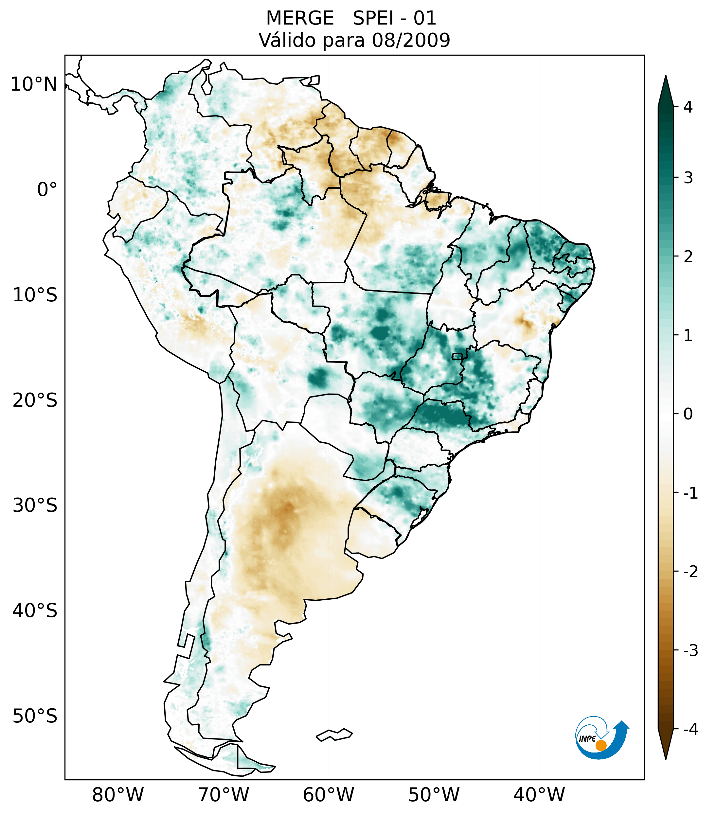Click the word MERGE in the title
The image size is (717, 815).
click(x=299, y=18)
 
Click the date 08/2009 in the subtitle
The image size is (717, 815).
click(x=411, y=40)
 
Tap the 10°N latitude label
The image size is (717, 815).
click(x=33, y=84)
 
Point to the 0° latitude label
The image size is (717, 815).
click(x=47, y=189)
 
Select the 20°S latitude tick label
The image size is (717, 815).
click(x=35, y=400)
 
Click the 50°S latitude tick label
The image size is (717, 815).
click(x=35, y=716)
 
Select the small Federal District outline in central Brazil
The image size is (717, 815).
click(x=457, y=356)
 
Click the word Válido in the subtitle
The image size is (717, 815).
click(x=283, y=40)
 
